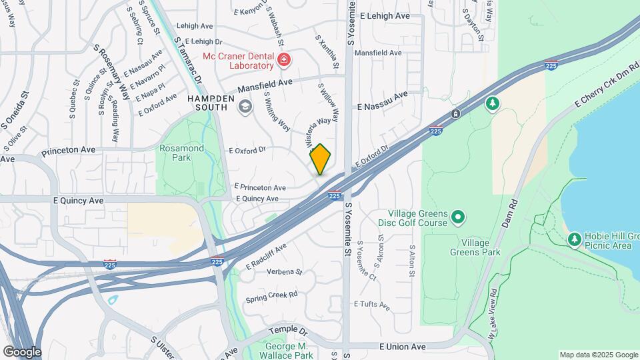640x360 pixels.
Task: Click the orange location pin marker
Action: [321, 159]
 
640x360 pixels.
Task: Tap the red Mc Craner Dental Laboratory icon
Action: [285, 61]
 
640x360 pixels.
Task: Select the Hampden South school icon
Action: [245, 106]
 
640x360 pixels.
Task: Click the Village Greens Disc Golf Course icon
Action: [457, 217]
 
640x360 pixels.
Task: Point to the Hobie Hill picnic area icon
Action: [574, 239]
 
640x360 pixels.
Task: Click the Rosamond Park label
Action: [175, 153]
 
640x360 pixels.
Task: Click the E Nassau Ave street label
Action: [382, 102]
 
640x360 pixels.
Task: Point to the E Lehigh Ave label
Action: [384, 15]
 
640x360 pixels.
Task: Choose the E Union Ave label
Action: [402, 347]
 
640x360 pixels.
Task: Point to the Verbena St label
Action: [284, 272]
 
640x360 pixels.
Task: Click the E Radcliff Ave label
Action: [265, 256]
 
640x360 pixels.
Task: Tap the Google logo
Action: [22, 352]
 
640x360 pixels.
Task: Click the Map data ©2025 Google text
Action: [598, 355]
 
